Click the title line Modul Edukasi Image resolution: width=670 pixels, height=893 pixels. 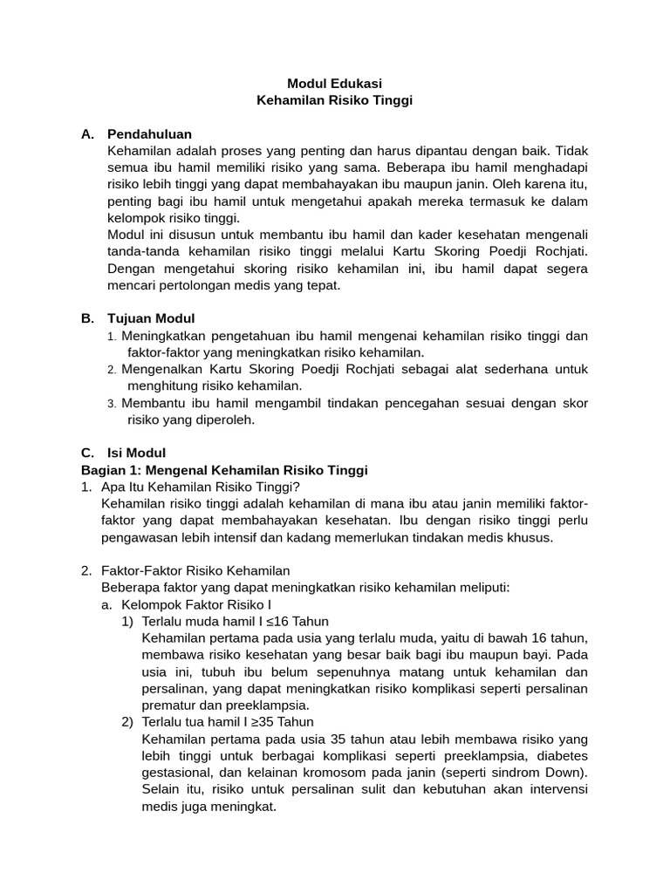pyautogui.click(x=334, y=84)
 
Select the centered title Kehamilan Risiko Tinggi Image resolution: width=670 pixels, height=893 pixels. pyautogui.click(x=334, y=100)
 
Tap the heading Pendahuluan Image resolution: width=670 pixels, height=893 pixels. pyautogui.click(x=149, y=133)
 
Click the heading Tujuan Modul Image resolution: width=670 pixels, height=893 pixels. pyautogui.click(x=151, y=318)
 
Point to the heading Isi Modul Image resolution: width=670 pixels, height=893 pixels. pyautogui.click(x=136, y=453)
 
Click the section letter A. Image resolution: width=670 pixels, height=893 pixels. pyautogui.click(x=86, y=133)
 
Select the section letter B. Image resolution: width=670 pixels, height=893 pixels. pyautogui.click(x=86, y=318)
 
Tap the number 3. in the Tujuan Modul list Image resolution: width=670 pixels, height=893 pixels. pyautogui.click(x=112, y=403)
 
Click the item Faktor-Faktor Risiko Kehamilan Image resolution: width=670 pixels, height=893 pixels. pyautogui.click(x=195, y=570)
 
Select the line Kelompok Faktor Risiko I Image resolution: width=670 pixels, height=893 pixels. pyautogui.click(x=197, y=604)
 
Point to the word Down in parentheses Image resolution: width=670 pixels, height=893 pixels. pyautogui.click(x=565, y=773)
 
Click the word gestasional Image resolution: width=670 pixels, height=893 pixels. pyautogui.click(x=176, y=773)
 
